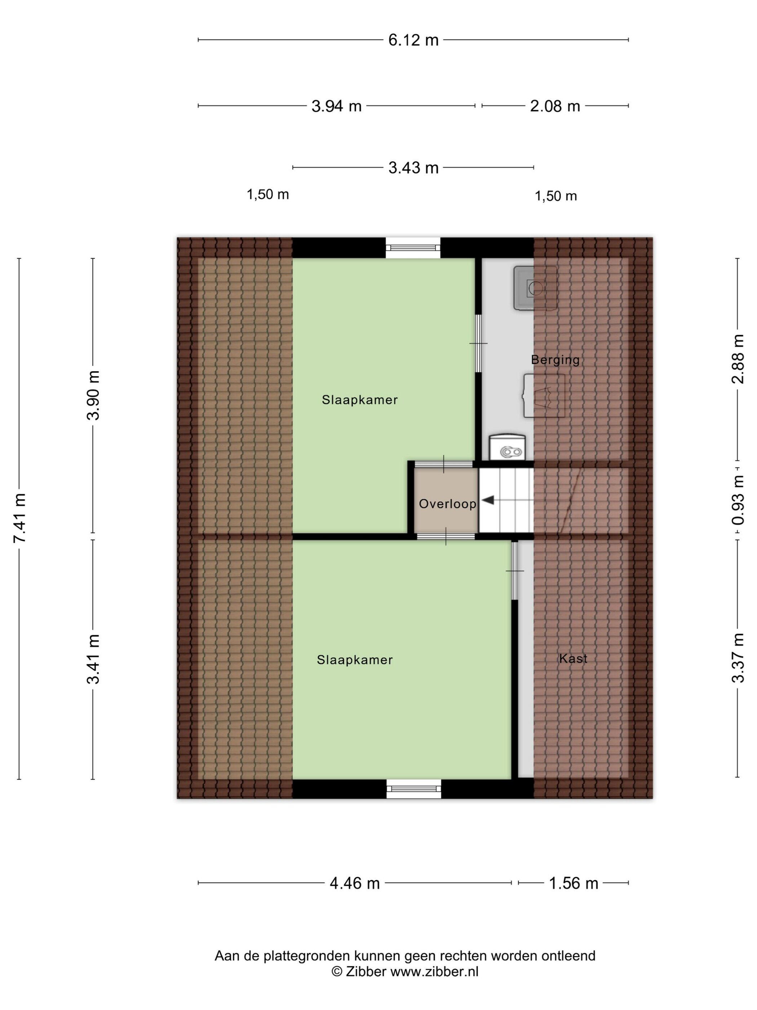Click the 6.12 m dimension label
click(x=413, y=40)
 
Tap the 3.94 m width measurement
click(x=336, y=106)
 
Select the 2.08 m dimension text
click(x=555, y=106)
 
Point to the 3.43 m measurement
click(x=413, y=168)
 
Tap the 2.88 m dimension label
click(x=738, y=359)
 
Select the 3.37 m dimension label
click(x=738, y=658)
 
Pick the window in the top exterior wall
click(x=413, y=248)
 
